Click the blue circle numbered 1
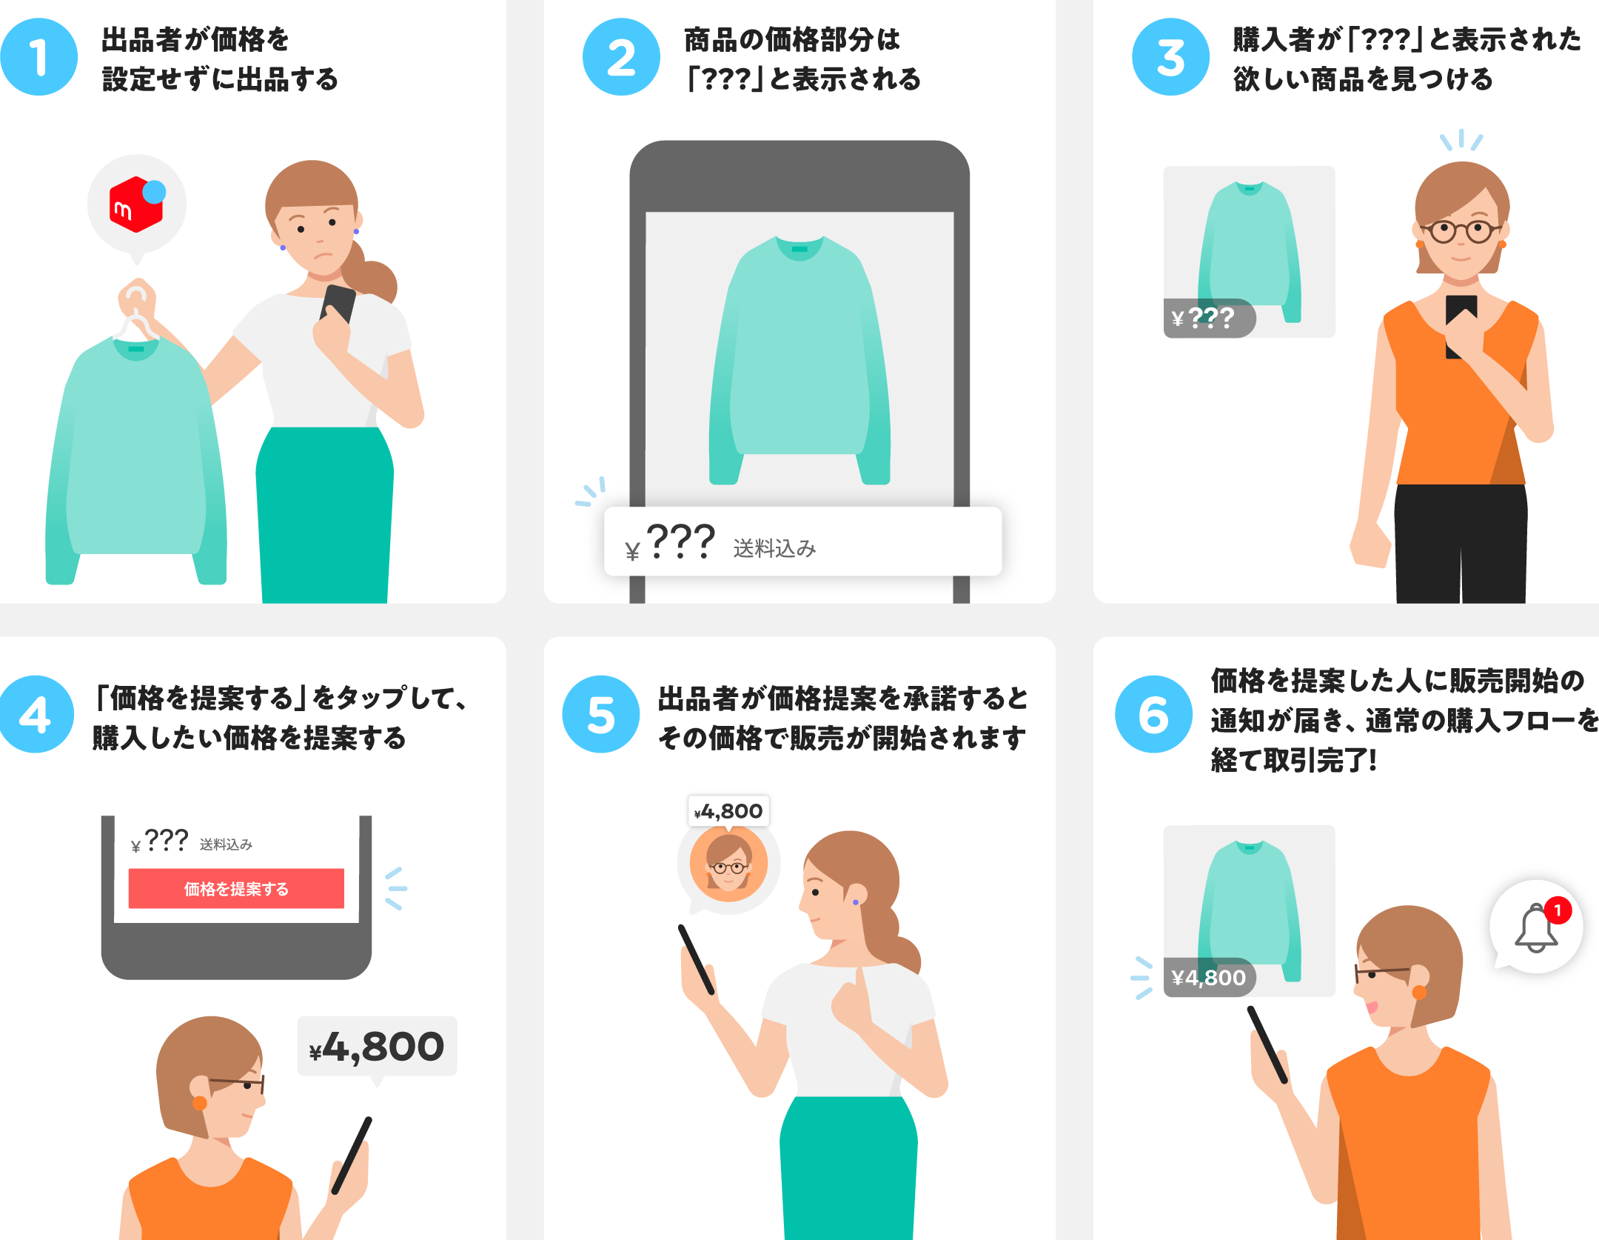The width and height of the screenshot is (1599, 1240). point(38,57)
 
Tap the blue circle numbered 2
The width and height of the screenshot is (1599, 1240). point(621,57)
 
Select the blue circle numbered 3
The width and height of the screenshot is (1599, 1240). point(1170,57)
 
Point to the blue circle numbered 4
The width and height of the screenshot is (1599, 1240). point(36,714)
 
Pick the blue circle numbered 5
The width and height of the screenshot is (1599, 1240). point(600,714)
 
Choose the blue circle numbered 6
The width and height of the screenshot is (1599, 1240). point(1153,714)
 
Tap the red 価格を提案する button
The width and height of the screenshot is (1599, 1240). point(236,888)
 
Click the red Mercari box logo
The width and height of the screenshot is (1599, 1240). point(135,204)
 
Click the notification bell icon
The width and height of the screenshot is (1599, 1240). point(1535,928)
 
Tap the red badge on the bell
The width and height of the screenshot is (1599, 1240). point(1558,910)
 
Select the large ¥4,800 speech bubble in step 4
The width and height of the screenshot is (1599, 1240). point(377,1047)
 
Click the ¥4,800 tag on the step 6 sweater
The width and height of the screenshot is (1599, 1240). point(1210,978)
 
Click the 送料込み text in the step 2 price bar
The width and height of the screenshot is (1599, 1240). point(774,548)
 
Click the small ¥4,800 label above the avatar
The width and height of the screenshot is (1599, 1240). point(728,811)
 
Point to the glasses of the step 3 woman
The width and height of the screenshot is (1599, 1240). point(1461,231)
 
